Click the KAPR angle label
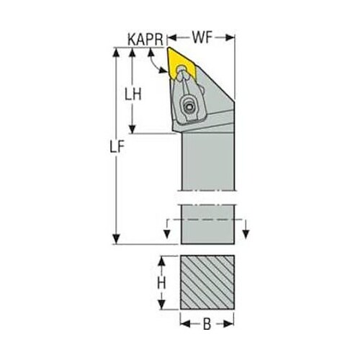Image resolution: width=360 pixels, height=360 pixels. (145, 40)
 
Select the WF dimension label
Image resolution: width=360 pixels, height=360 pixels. (202, 37)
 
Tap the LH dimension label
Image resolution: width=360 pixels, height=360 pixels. (133, 94)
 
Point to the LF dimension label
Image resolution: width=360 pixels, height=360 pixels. (117, 147)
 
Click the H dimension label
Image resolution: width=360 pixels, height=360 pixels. (161, 284)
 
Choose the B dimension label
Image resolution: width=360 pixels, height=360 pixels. (207, 324)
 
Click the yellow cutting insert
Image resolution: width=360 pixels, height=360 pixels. (181, 63)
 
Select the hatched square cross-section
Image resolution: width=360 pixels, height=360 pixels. (207, 282)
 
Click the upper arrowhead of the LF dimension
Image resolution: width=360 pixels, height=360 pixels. (117, 53)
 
